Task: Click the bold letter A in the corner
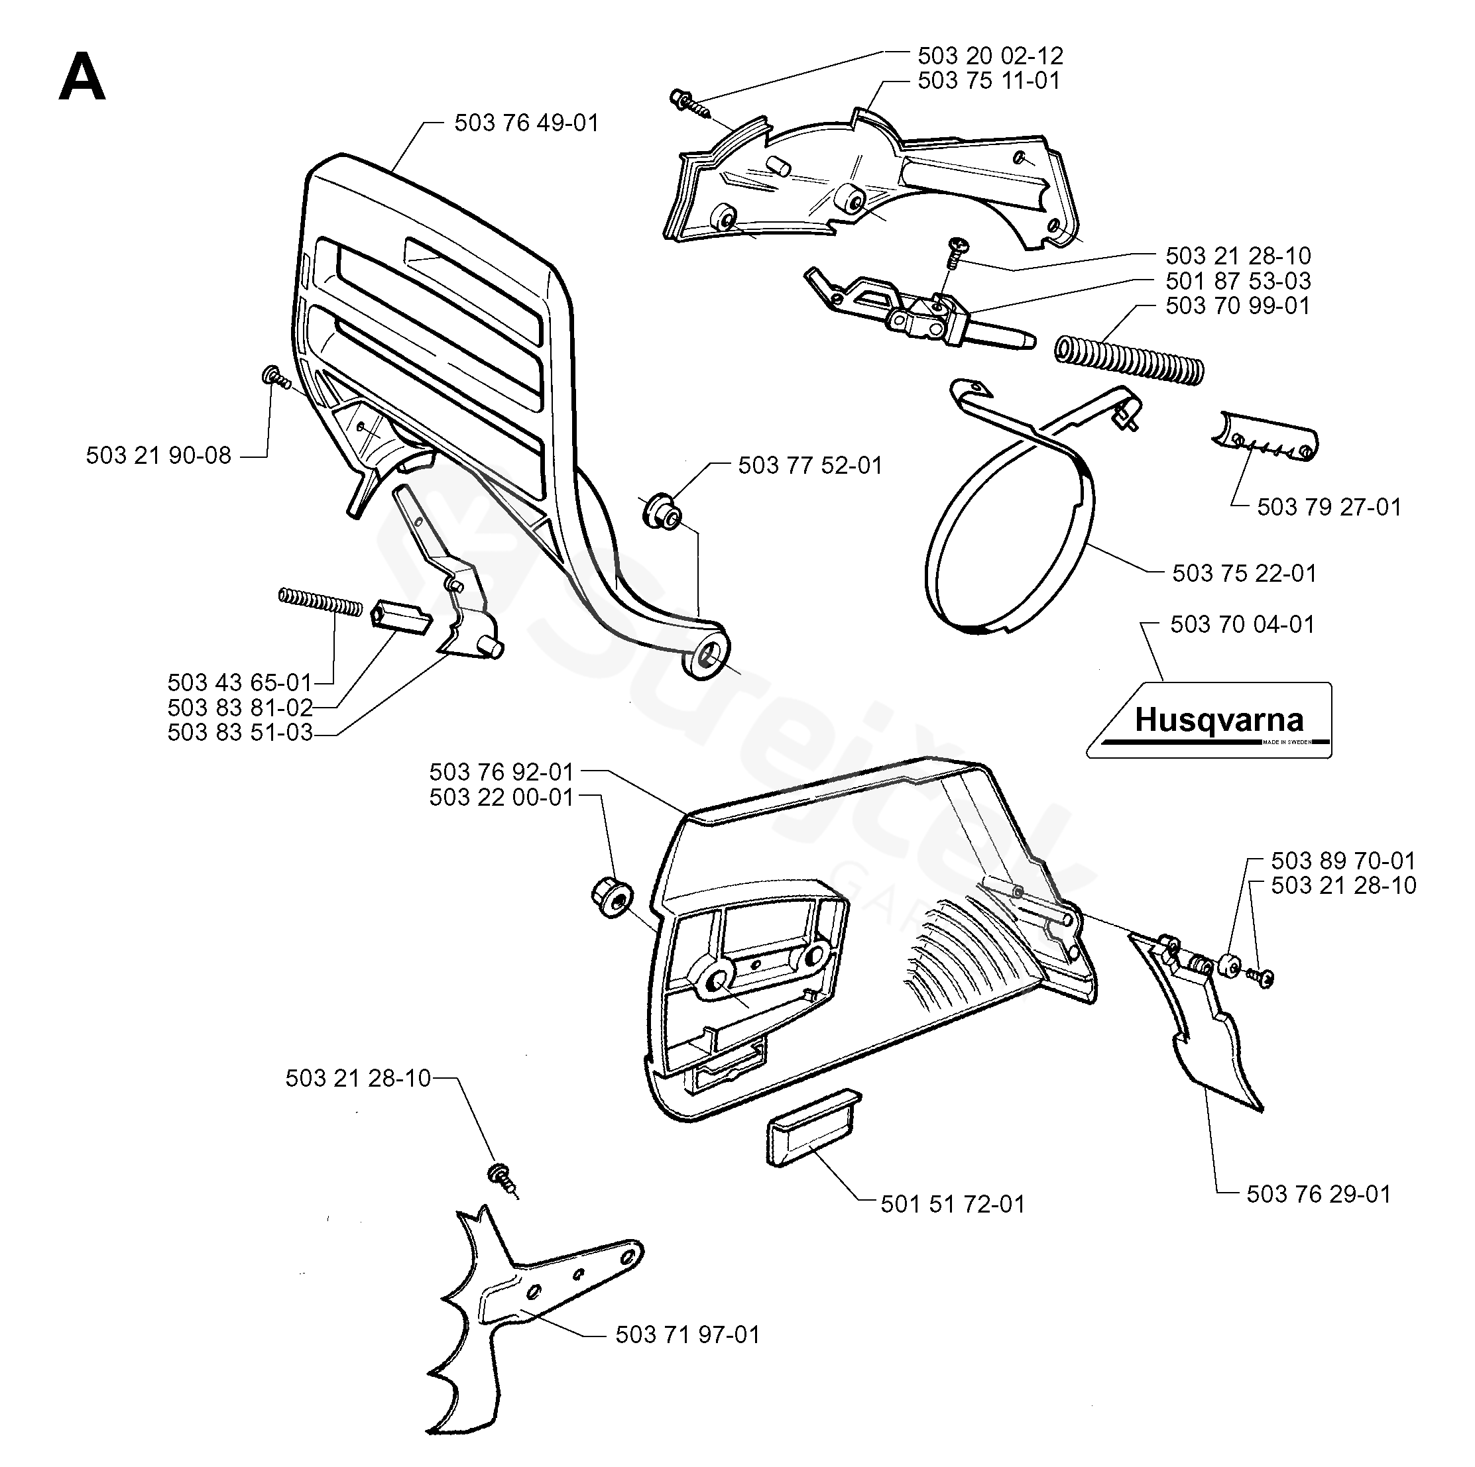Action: pos(82,79)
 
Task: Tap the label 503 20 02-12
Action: pos(990,55)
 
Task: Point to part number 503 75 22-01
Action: pos(1244,572)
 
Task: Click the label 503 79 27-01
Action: pos(1329,506)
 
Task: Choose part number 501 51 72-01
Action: pos(953,1204)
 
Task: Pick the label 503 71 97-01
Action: pos(688,1334)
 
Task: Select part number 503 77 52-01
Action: pos(810,465)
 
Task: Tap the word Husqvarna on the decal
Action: pos(1218,720)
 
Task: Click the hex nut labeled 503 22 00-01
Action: pos(613,898)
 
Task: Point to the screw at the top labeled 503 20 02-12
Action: pos(691,105)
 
